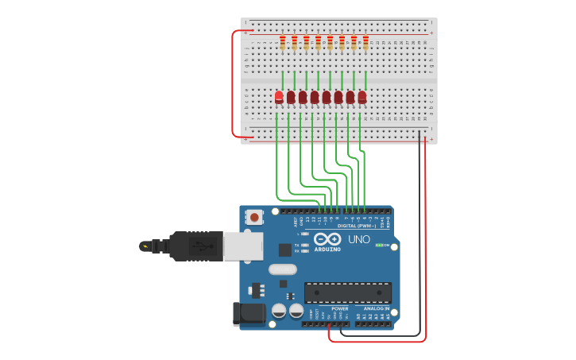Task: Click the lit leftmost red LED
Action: (279, 97)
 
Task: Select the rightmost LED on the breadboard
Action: (362, 97)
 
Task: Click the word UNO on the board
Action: (358, 239)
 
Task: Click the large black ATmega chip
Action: (347, 292)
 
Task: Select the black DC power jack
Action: (248, 314)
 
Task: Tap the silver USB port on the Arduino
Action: (243, 246)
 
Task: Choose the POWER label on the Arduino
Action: (339, 308)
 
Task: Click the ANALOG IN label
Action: (376, 308)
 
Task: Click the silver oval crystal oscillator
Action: (283, 269)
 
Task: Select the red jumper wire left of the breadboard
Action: (233, 83)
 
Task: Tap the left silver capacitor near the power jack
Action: (279, 311)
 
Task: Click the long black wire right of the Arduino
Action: (419, 238)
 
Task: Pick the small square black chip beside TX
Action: (285, 250)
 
